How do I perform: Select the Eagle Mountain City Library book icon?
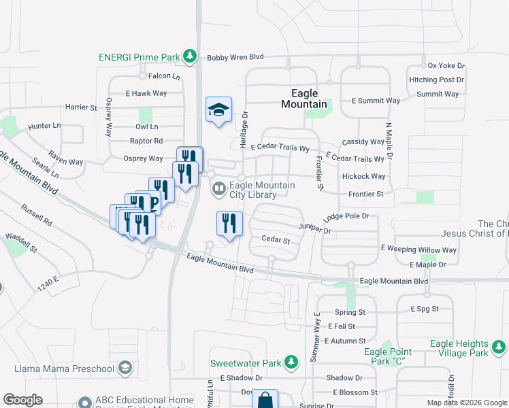219,190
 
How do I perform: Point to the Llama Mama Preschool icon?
125,369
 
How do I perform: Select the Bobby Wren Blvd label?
235,58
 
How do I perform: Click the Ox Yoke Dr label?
446,66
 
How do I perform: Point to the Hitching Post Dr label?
436,80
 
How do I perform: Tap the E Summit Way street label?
376,101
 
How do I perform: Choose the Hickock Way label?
364,176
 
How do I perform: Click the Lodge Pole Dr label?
346,216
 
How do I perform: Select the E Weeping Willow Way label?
418,250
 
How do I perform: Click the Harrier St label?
81,107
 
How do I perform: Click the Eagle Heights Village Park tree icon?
499,349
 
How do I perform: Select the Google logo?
22,400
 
